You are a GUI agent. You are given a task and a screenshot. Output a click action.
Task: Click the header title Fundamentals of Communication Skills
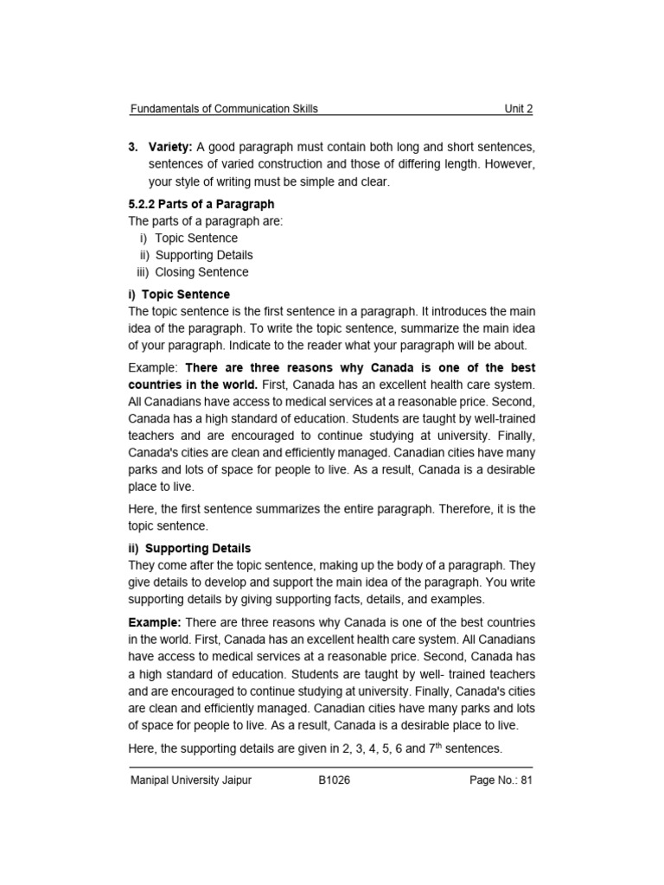pos(223,109)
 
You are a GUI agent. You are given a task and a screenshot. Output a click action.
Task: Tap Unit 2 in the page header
pos(519,109)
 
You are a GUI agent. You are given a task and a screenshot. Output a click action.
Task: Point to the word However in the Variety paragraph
pos(506,165)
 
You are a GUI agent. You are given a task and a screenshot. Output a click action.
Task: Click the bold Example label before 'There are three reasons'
pos(153,622)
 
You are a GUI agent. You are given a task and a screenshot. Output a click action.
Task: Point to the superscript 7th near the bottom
pos(438,747)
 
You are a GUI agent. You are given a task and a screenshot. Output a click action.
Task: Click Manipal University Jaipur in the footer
pos(191,780)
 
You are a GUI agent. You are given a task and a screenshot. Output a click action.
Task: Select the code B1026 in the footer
pos(334,780)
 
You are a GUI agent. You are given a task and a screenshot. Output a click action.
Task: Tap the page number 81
pos(525,780)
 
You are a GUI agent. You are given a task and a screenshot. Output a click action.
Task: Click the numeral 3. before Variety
pos(134,148)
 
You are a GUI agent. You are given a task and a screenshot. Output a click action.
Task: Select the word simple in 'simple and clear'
pos(298,181)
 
